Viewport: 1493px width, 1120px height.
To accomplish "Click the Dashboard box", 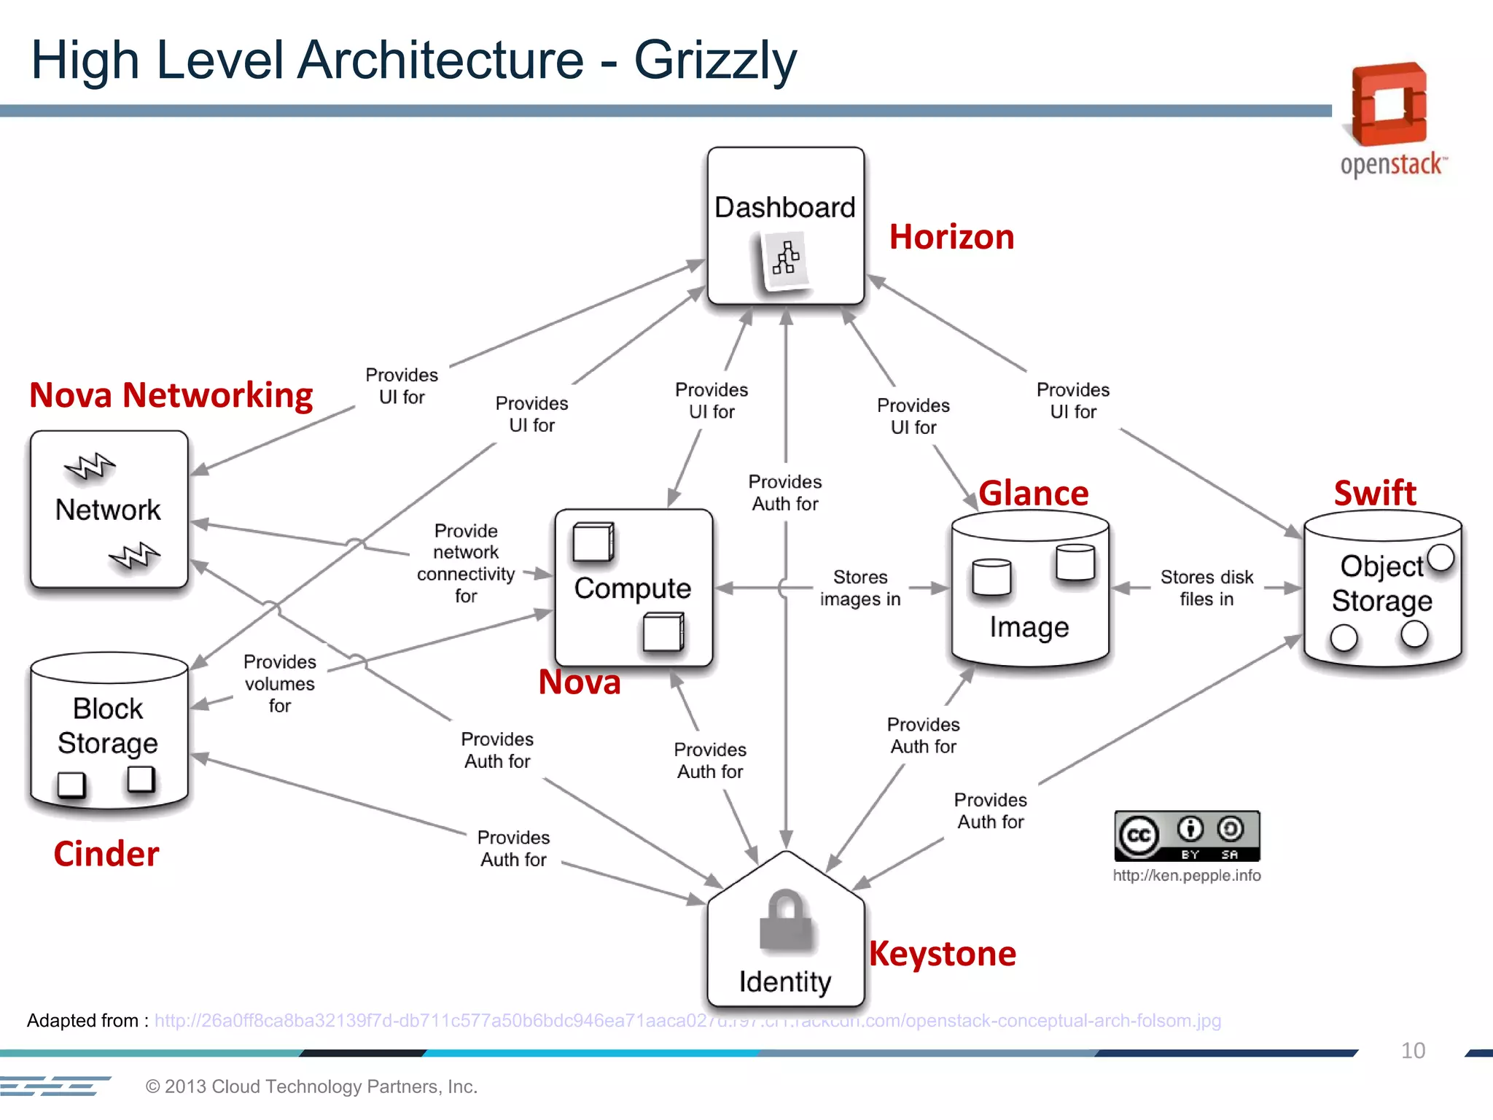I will tap(785, 226).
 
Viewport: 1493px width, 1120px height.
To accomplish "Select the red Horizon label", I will tap(951, 237).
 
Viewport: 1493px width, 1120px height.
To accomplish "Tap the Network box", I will tap(109, 510).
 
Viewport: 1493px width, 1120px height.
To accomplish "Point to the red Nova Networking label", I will tap(171, 395).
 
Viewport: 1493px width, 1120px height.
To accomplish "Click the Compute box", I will tap(633, 588).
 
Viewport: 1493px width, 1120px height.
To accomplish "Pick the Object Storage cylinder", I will tap(1382, 589).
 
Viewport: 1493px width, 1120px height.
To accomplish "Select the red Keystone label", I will tap(942, 954).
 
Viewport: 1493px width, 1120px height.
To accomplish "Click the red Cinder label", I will tap(106, 854).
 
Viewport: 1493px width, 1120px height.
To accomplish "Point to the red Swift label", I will tap(1375, 493).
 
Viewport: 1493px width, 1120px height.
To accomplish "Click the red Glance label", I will tap(1033, 494).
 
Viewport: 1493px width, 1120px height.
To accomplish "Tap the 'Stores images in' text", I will tap(860, 588).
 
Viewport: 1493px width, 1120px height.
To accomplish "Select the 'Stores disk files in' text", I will tap(1207, 588).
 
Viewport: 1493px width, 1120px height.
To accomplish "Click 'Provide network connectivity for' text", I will tap(466, 563).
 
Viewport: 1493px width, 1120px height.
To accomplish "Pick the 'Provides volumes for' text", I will tap(280, 683).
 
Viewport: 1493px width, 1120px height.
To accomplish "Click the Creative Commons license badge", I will tap(1187, 836).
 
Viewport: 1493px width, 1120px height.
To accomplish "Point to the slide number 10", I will tap(1413, 1051).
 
